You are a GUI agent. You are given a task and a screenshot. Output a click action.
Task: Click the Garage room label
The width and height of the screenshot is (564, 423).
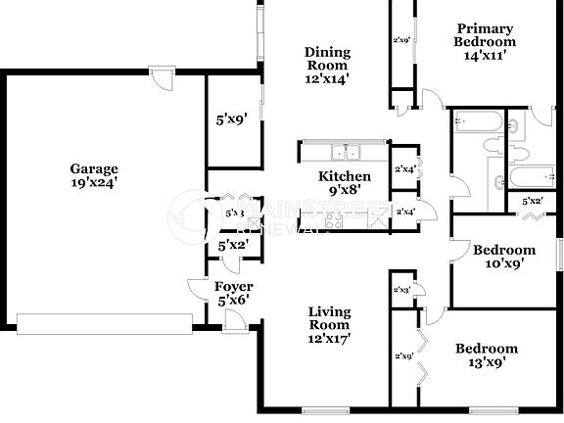pos(94,167)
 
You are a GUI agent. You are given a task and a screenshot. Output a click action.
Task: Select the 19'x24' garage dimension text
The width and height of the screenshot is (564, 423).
pos(94,181)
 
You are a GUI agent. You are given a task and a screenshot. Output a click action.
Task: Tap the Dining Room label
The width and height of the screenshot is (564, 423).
pos(326,59)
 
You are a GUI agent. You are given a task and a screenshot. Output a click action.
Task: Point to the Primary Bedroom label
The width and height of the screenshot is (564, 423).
pos(485,35)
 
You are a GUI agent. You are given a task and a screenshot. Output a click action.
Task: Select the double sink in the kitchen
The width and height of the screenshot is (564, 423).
pos(344,152)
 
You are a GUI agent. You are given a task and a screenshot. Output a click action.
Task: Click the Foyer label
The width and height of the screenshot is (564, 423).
pos(233,286)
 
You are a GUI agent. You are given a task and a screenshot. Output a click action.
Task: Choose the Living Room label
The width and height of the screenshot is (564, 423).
pos(329,318)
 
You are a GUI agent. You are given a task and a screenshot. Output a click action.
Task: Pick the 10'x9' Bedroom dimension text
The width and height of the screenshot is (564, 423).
pos(504,263)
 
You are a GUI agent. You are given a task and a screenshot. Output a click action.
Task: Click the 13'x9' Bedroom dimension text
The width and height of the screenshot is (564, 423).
pos(486,362)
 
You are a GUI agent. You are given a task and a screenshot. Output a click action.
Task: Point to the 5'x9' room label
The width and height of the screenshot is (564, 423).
pos(231,120)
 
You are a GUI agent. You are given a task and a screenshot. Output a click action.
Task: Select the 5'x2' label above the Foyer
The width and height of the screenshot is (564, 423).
pos(232,245)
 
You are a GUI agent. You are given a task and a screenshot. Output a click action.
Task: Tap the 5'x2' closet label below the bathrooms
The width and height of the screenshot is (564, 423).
pos(532,202)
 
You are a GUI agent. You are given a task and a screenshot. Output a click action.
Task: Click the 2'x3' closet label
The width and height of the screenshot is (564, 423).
pos(401,291)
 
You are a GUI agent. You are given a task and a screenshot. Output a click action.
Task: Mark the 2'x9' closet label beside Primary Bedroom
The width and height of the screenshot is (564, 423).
pos(401,41)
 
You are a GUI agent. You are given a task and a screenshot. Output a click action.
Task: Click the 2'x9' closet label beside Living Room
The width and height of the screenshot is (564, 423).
pos(401,356)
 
